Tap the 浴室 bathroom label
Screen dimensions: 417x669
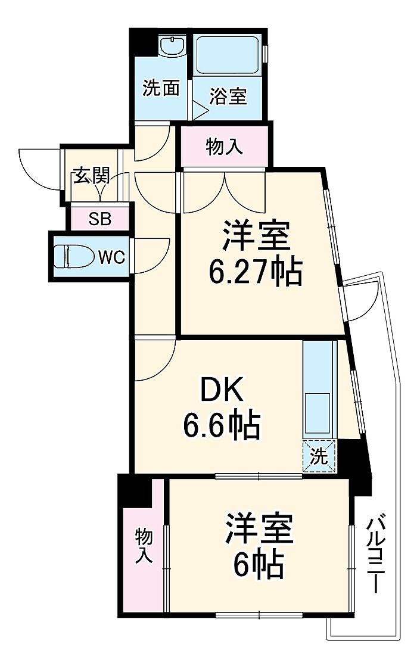click(228, 97)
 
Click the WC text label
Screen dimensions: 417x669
click(111, 257)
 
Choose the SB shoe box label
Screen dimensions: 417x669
click(99, 219)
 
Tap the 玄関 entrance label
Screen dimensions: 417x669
click(91, 176)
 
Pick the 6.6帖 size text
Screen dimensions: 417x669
click(221, 427)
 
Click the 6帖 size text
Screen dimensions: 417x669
click(257, 564)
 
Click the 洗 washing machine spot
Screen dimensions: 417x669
click(319, 458)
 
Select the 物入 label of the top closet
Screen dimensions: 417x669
click(225, 146)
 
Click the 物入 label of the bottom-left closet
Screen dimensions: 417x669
click(144, 546)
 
